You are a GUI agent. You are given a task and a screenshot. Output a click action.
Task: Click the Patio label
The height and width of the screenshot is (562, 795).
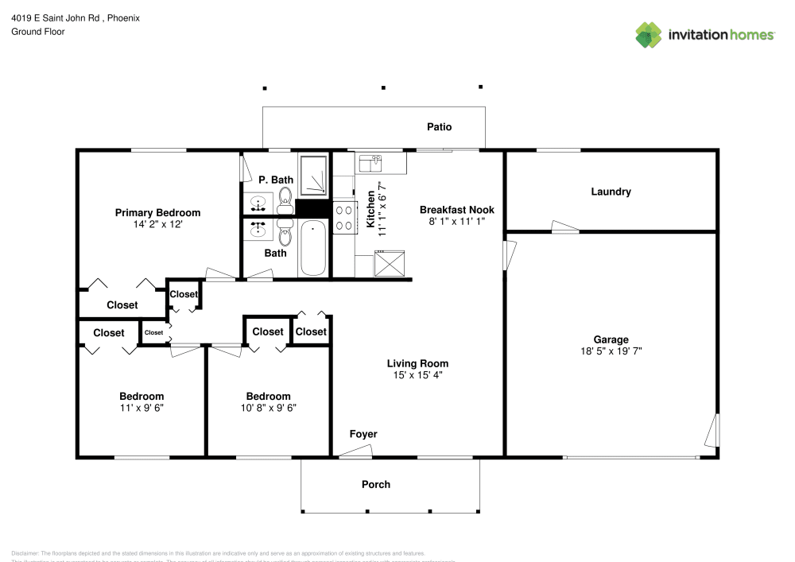coord(439,126)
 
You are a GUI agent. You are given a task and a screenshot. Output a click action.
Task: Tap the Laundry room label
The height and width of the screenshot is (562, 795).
coord(611,192)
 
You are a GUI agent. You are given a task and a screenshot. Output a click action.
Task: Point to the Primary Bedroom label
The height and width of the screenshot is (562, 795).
coord(157,212)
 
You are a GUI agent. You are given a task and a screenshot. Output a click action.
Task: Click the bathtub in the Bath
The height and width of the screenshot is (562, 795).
coord(313,248)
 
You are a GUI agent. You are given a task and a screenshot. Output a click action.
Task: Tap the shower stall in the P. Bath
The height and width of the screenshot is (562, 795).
coord(313,175)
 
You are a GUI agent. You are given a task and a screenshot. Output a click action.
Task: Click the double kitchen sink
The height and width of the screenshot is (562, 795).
coord(370,163)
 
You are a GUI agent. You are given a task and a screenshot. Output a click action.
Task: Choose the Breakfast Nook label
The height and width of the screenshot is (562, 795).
coord(457,210)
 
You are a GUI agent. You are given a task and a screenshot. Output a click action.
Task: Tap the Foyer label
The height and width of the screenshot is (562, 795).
coord(363,434)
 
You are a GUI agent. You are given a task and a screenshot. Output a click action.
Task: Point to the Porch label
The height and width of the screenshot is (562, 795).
coord(376,484)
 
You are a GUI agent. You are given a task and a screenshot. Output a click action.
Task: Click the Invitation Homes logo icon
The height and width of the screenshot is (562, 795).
coord(648,34)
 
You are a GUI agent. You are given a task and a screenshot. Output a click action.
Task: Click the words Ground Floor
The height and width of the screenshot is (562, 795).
coord(37,32)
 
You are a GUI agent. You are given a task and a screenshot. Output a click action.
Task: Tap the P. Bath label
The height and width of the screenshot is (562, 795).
coord(275,180)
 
